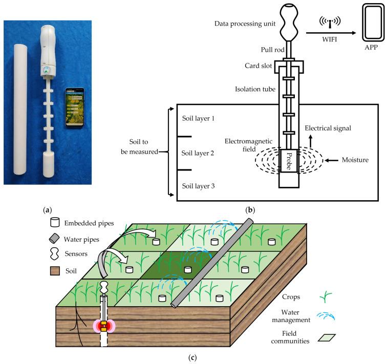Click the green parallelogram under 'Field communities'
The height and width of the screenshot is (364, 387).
351,337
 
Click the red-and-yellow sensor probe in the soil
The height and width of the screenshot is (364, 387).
104,325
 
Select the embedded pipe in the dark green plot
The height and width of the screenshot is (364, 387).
188,268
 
